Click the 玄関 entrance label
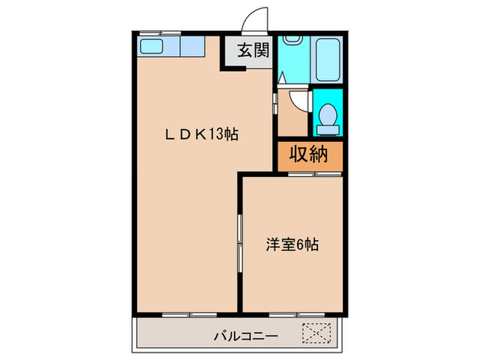250,51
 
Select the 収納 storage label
309,154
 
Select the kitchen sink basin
150,47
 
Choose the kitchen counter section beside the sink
193,47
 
